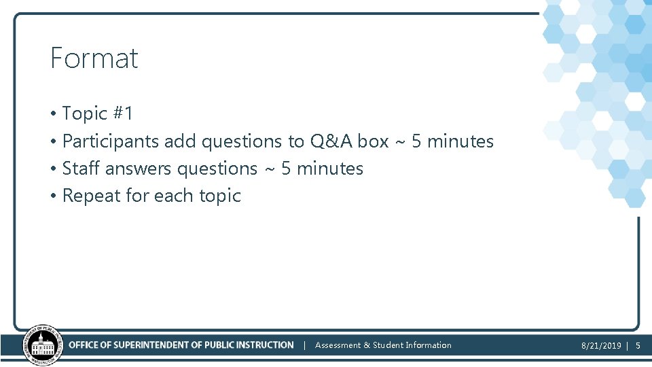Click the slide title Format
click(94, 58)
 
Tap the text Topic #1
click(97, 113)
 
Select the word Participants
click(111, 141)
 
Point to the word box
click(373, 141)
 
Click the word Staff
click(81, 169)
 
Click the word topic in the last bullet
click(219, 196)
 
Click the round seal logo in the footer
click(43, 345)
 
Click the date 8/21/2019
click(601, 346)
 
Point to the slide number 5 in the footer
click(638, 346)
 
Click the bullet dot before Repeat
click(52, 196)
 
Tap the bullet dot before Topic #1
click(52, 114)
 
